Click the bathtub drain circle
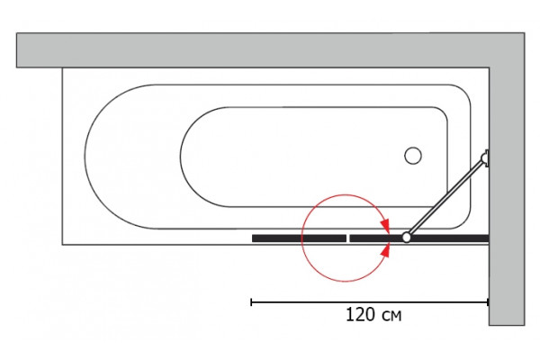coord(413,156)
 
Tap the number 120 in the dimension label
coord(360,315)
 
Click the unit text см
coord(391,316)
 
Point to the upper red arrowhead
coord(385,226)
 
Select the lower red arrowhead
coord(385,250)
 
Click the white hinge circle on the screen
coord(407,237)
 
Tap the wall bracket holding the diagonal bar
coord(485,158)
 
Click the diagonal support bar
coord(445,198)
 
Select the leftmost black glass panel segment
coord(299,238)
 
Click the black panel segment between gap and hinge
coord(376,238)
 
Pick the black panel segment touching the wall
coord(450,238)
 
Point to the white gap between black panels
coord(347,238)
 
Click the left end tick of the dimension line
coord(251,302)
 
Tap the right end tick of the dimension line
coord(488,302)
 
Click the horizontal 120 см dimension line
coord(370,302)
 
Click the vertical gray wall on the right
coord(507,196)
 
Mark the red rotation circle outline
coord(301,238)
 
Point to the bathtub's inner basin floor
coord(313,157)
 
